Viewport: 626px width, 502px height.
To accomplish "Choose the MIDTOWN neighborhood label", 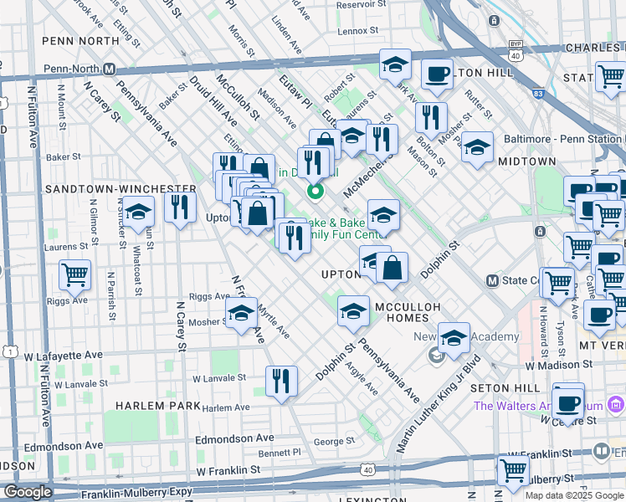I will tap(526, 161).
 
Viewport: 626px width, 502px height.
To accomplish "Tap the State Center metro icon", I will tap(493, 279).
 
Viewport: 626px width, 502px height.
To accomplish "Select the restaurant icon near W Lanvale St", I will tap(281, 381).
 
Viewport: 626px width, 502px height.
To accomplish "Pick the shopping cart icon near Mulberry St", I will tap(512, 469).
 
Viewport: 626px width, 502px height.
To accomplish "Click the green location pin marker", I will tap(316, 192).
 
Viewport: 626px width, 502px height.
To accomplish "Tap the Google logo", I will tap(28, 492).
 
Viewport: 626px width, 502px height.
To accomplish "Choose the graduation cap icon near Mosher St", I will tap(241, 315).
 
